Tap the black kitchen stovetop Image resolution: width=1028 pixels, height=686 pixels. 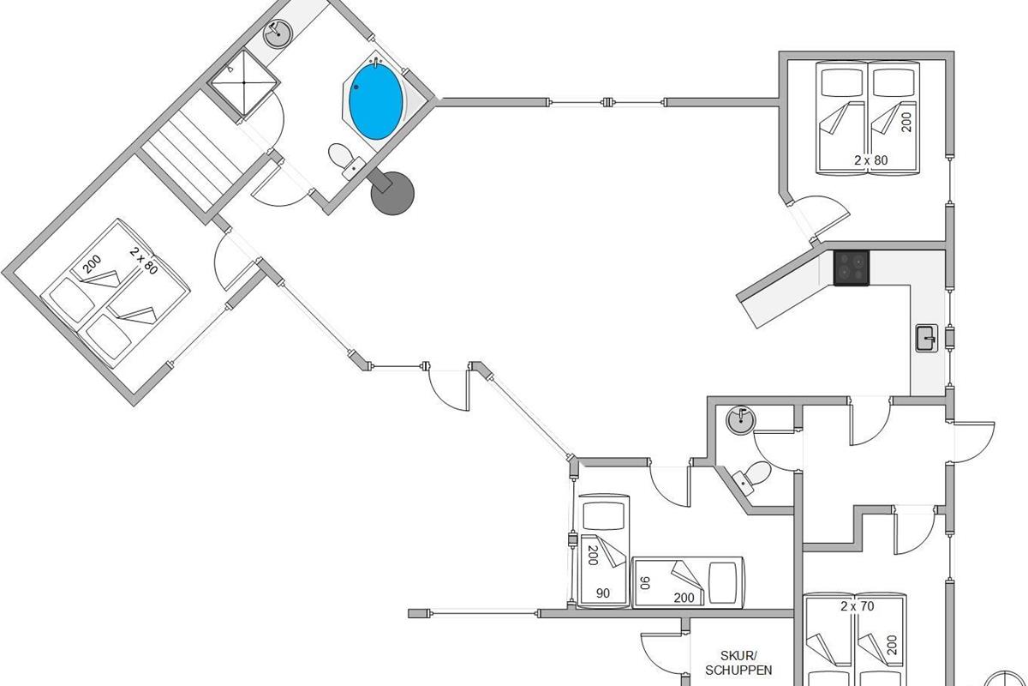click(852, 268)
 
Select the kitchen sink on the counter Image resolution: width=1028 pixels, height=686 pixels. click(927, 338)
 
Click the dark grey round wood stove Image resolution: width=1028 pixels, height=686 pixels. click(391, 193)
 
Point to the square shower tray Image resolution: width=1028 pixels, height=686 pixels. click(243, 83)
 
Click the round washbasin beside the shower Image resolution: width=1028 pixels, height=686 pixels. click(278, 33)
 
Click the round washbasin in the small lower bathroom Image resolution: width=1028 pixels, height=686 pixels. click(741, 420)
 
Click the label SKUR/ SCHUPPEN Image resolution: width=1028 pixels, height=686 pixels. click(738, 663)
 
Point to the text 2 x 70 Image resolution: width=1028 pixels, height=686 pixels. click(858, 606)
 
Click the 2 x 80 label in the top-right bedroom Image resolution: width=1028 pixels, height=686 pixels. click(870, 160)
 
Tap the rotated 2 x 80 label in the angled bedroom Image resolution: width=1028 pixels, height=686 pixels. click(144, 260)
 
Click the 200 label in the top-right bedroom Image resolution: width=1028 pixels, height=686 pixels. click(906, 123)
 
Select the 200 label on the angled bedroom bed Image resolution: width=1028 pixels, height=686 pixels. click(93, 265)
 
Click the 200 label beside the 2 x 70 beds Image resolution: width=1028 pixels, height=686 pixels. click(892, 645)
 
